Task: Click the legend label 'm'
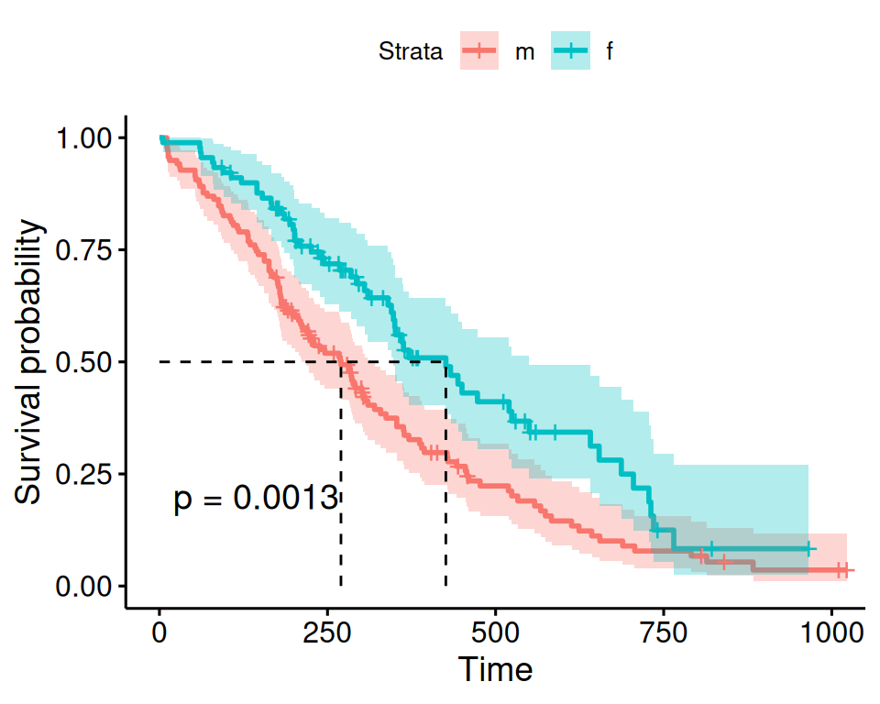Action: [523, 53]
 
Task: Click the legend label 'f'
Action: [609, 53]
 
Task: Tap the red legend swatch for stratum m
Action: [478, 52]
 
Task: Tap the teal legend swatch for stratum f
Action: [570, 52]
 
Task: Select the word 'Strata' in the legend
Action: [411, 53]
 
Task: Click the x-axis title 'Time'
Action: [495, 669]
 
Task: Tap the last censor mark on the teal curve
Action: [808, 548]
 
